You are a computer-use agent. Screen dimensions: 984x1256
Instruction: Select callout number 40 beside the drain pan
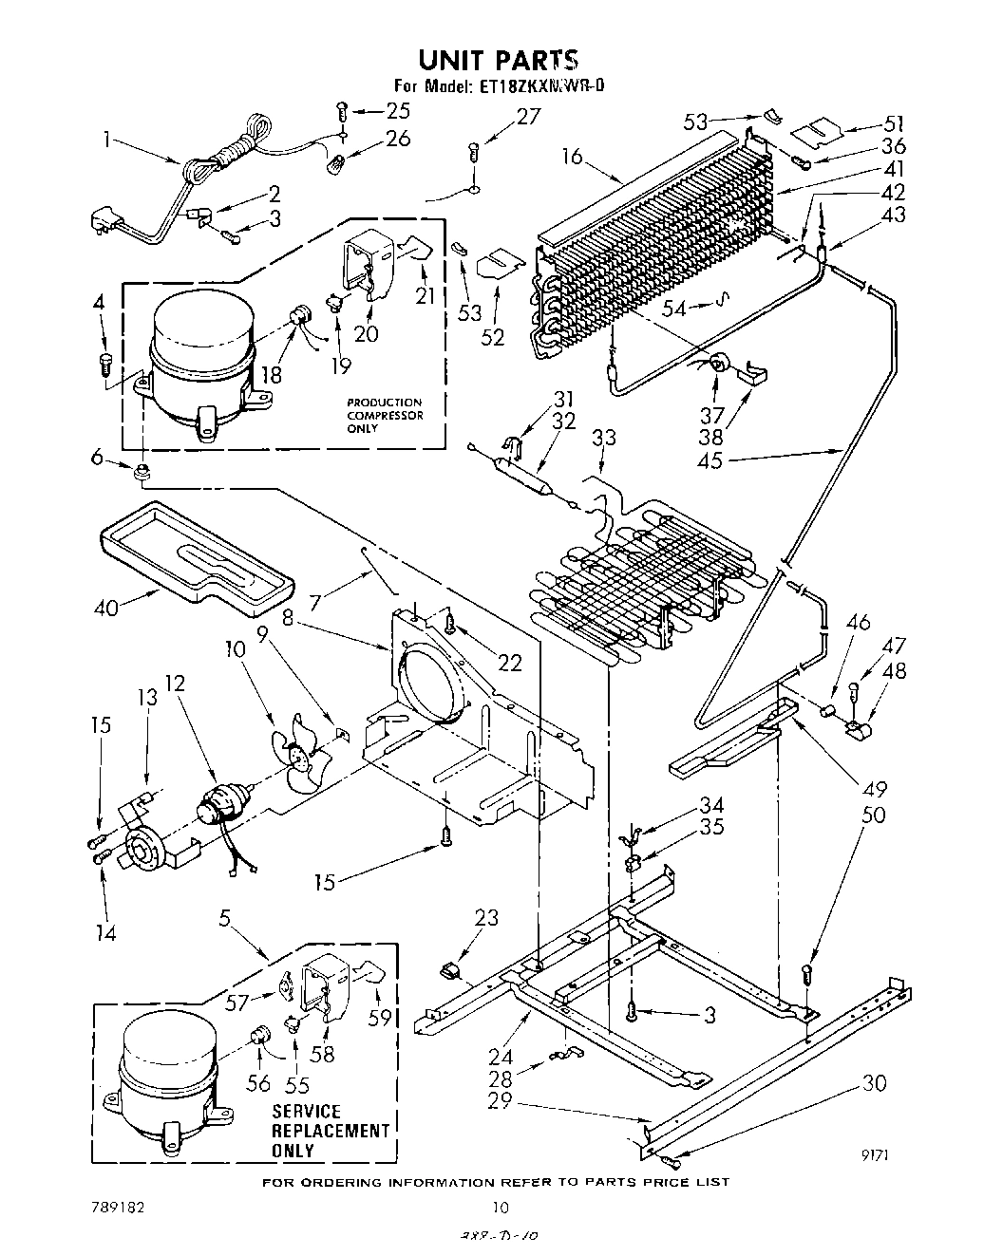tap(106, 606)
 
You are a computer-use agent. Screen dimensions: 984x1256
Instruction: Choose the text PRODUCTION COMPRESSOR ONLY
tap(384, 415)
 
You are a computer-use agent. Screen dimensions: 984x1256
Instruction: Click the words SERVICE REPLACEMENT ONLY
tap(331, 1131)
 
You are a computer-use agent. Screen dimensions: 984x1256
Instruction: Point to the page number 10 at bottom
tap(501, 1208)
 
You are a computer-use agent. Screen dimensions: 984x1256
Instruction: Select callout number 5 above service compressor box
tap(224, 918)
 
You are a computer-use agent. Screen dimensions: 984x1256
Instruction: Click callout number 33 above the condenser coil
tap(604, 438)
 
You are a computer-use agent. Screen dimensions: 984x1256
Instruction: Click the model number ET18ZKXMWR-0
tap(539, 85)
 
